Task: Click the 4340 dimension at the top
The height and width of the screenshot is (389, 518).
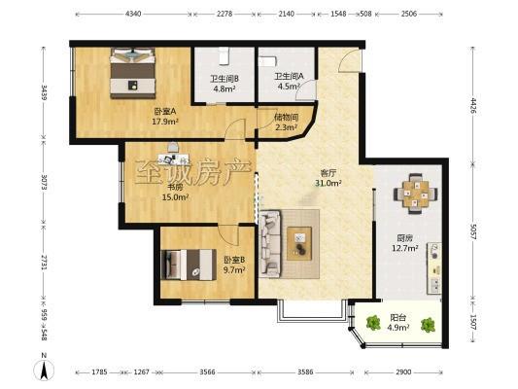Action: pyautogui.click(x=133, y=14)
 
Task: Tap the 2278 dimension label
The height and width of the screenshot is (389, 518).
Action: pyautogui.click(x=224, y=14)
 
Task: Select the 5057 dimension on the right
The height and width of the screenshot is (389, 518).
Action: pyautogui.click(x=472, y=232)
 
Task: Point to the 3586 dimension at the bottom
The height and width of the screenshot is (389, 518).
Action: pyautogui.click(x=305, y=372)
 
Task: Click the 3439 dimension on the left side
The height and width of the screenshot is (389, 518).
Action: pyautogui.click(x=44, y=92)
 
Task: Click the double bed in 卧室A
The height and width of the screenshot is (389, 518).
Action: pyautogui.click(x=133, y=73)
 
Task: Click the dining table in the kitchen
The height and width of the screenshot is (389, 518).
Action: pyautogui.click(x=416, y=194)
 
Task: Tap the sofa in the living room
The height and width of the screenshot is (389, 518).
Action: pyautogui.click(x=270, y=243)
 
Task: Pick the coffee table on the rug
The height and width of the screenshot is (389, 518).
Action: pyautogui.click(x=299, y=243)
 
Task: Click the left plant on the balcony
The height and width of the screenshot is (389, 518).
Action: pyautogui.click(x=373, y=322)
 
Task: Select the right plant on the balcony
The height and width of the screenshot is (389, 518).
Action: pyautogui.click(x=428, y=325)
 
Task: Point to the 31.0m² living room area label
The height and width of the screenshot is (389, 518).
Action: pyautogui.click(x=328, y=183)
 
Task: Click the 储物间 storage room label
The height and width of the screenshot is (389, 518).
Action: pyautogui.click(x=287, y=117)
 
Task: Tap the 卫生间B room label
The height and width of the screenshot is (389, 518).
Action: pyautogui.click(x=224, y=79)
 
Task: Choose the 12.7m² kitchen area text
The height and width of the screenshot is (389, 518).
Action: pyautogui.click(x=405, y=248)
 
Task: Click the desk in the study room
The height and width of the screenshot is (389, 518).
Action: pyautogui.click(x=174, y=159)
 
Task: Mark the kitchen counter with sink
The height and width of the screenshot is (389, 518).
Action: pyautogui.click(x=434, y=268)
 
